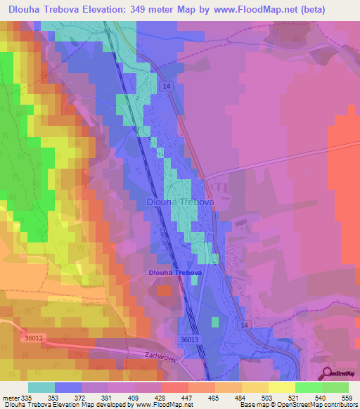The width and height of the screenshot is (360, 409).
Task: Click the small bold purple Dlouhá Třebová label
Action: tap(175, 273)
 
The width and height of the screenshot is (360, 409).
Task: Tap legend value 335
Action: tap(28, 398)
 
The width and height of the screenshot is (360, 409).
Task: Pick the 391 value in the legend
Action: tap(108, 398)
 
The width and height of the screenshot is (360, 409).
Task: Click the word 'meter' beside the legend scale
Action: tap(11, 398)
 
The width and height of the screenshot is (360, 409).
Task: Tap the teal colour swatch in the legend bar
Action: tap(41, 387)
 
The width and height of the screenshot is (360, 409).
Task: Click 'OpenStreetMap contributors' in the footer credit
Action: tap(327, 405)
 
